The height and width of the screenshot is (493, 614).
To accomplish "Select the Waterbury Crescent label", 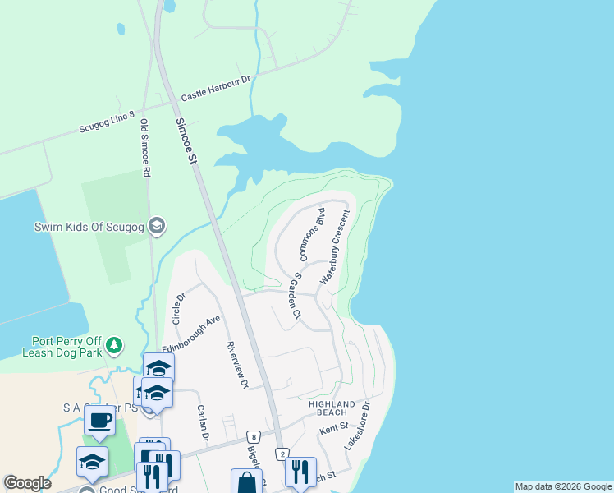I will coord(335,247).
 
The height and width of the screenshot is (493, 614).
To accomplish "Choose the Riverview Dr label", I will coord(236,365).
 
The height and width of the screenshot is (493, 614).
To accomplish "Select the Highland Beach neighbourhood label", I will coord(332,408).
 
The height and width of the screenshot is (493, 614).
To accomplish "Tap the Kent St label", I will coord(334,428).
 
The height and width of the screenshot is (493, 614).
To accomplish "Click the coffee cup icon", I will coord(99,420).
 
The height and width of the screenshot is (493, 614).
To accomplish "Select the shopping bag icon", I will coord(246,483).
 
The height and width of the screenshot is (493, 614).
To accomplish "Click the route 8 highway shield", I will coord(256,436).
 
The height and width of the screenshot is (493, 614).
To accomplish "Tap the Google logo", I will coord(27,483).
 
